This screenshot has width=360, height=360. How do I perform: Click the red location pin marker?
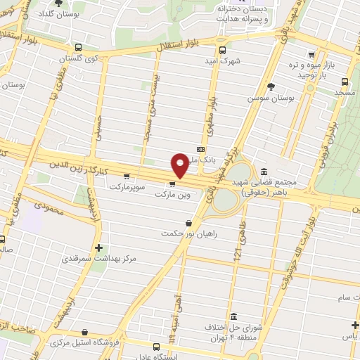pyautogui.click(x=181, y=165)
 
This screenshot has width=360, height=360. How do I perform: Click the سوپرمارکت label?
pyautogui.click(x=126, y=186)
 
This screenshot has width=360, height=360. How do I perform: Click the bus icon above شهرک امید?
pyautogui.click(x=223, y=50)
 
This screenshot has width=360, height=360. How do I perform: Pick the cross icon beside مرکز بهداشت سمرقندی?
pyautogui.click(x=98, y=247)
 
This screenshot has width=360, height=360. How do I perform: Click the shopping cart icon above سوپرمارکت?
pyautogui.click(x=126, y=176)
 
